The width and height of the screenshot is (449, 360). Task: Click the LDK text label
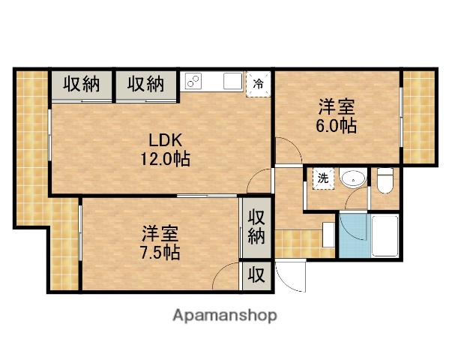click(165, 141)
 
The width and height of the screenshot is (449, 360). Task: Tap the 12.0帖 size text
click(165, 159)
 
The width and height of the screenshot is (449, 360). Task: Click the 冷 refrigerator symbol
click(258, 82)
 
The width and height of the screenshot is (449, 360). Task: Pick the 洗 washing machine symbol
click(322, 178)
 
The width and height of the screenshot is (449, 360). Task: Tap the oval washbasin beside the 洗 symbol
click(352, 179)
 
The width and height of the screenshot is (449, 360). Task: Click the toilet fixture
click(385, 180)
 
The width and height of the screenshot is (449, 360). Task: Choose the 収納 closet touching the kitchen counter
click(146, 84)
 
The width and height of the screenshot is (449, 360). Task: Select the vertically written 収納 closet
click(256, 228)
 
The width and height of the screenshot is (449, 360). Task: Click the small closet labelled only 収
click(256, 275)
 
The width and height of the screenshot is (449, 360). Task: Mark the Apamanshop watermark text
click(224, 315)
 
